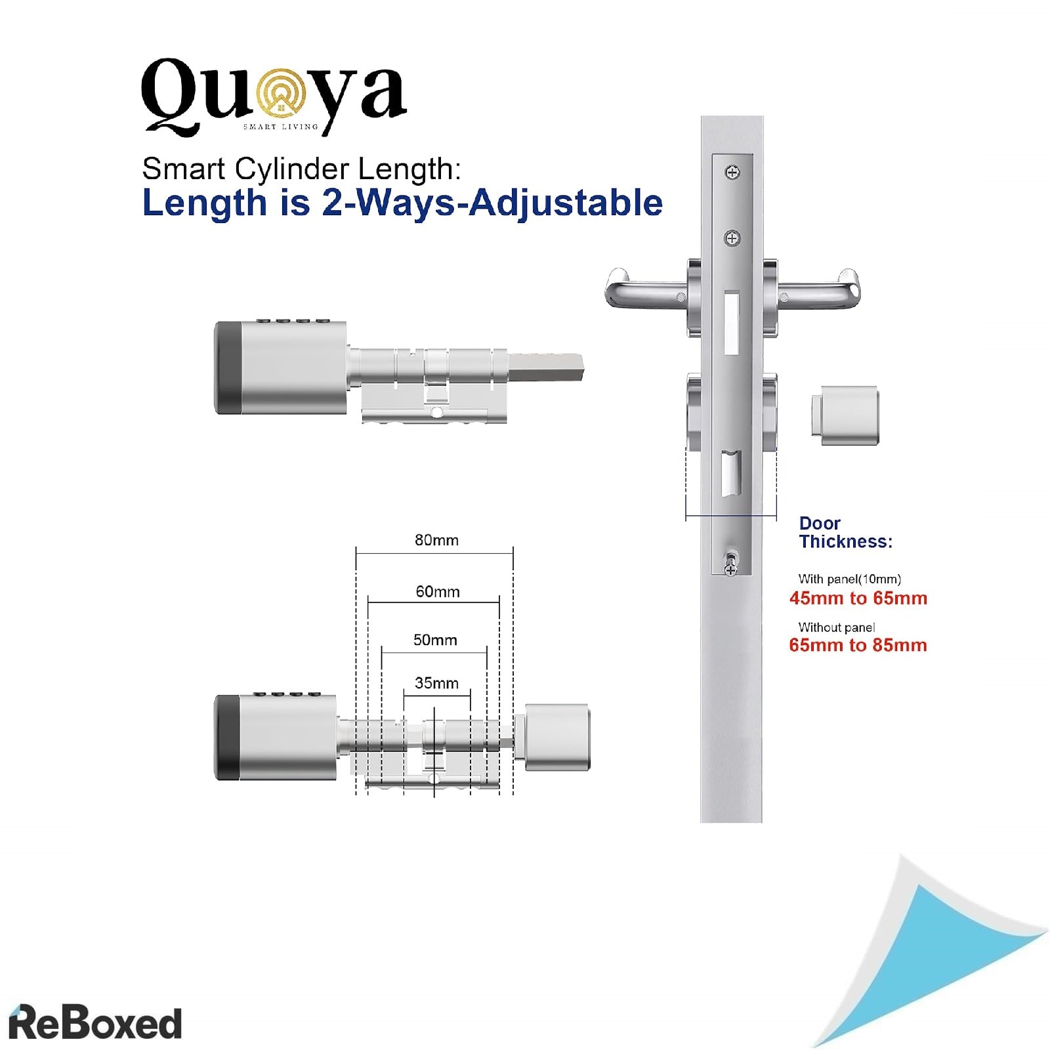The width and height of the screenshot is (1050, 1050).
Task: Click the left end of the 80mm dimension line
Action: (x=356, y=553)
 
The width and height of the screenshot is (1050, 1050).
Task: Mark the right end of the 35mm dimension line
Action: (x=471, y=695)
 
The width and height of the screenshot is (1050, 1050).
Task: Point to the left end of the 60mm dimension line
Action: (x=368, y=602)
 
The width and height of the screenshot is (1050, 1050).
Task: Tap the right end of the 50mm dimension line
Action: (x=487, y=653)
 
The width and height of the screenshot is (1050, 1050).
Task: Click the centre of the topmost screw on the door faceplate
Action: (x=732, y=173)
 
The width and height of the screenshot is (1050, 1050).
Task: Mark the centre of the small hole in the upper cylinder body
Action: (x=436, y=412)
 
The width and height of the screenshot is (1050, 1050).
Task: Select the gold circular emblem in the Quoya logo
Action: (x=282, y=95)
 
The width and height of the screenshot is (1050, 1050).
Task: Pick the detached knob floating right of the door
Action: (x=845, y=415)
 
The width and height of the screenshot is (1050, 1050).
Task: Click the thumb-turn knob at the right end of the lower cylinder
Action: (x=556, y=737)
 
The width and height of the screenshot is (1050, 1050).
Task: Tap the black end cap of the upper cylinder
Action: (x=227, y=368)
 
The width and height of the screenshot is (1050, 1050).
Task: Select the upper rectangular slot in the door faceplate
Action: (x=731, y=322)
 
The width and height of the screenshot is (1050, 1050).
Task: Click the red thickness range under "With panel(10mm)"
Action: (x=858, y=598)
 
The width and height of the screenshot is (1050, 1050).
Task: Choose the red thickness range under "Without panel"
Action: (x=858, y=645)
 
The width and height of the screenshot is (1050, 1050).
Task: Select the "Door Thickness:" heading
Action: (x=846, y=532)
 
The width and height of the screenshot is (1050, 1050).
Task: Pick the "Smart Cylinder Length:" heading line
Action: (x=302, y=169)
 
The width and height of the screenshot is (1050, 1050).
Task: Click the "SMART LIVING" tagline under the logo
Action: (x=281, y=127)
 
